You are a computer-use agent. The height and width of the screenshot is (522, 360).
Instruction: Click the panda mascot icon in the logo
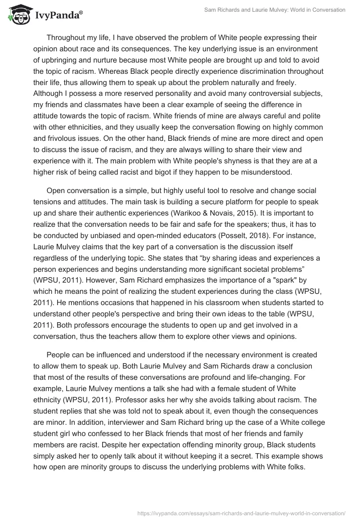[17, 15]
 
